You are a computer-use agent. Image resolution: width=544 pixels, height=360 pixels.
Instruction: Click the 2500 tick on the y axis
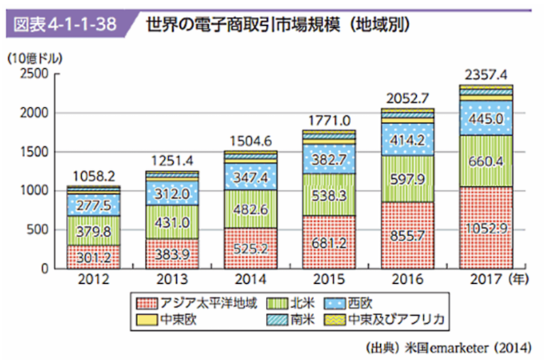pos(33,73)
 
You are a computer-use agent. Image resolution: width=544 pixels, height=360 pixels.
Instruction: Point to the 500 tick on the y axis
pos(37,229)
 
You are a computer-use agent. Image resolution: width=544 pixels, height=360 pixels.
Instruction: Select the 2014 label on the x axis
pos(251,280)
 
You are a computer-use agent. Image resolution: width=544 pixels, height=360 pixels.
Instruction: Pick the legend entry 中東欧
pos(171,318)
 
